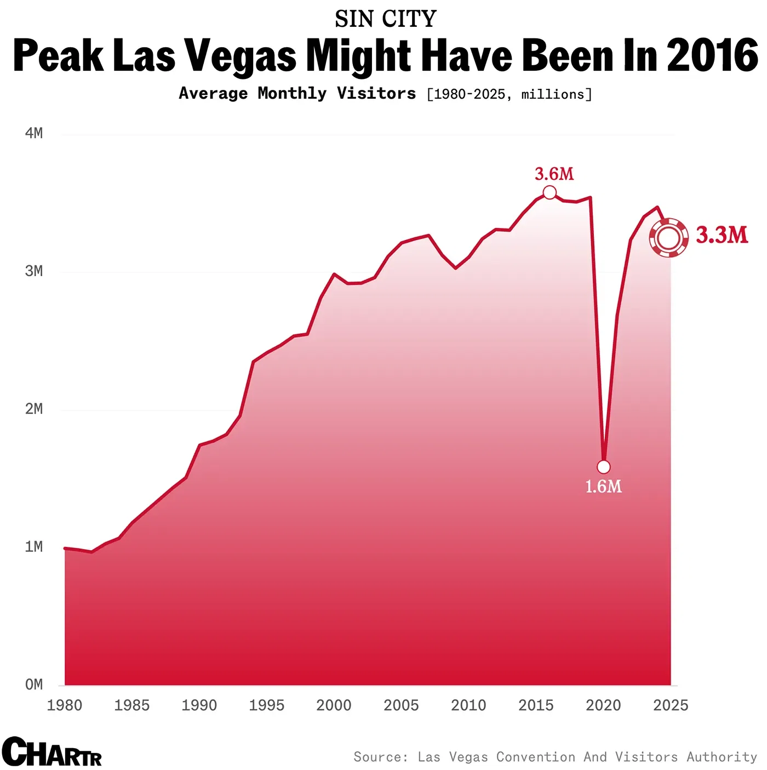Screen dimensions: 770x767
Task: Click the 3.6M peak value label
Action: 554,174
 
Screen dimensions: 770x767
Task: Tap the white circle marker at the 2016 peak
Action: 550,192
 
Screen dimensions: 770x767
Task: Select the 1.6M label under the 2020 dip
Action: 603,487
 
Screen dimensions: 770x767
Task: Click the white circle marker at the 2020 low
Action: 603,467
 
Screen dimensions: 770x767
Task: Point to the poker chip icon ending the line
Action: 669,237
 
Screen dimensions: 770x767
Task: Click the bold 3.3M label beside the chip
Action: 722,235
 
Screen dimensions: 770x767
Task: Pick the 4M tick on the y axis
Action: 34,133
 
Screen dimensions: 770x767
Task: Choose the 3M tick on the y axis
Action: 34,271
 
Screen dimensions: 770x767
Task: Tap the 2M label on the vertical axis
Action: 34,409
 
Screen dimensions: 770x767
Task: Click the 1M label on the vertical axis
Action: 34,547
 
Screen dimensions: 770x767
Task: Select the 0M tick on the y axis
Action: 34,685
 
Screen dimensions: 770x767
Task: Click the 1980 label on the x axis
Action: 65,705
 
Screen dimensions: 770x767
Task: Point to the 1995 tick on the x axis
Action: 267,705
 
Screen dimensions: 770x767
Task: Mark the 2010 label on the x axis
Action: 468,705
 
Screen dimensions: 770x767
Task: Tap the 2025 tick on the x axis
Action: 671,705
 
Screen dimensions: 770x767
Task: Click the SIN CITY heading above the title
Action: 386,19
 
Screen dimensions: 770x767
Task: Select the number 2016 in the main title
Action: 712,56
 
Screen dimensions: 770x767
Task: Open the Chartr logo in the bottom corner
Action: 51,752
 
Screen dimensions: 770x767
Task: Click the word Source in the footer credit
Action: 380,757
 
